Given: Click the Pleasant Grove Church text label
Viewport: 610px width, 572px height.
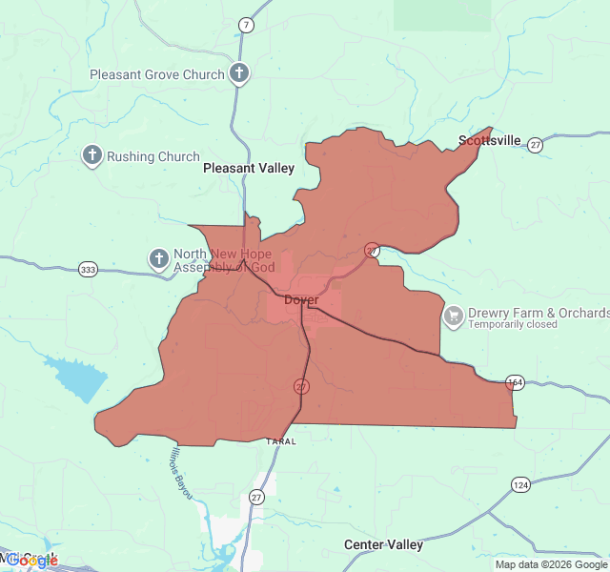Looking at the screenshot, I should (157, 74).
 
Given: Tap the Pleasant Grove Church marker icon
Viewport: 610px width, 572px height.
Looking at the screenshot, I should (239, 73).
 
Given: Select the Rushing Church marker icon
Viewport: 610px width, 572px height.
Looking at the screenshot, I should (92, 155).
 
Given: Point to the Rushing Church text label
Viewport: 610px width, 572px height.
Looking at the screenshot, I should (153, 156).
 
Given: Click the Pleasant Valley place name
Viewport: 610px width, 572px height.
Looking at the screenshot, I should (249, 168).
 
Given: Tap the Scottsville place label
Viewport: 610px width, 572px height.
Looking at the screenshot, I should (490, 140).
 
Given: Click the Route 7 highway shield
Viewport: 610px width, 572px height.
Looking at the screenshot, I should (247, 24).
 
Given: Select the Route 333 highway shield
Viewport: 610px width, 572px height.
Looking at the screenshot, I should (89, 270).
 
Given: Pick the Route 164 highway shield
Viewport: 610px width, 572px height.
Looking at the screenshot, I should (516, 382).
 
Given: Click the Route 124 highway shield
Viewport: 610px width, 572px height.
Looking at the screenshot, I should (520, 485).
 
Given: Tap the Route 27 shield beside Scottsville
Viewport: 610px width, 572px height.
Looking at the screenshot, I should (536, 145).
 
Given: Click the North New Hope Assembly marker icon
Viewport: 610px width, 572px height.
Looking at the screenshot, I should (158, 258).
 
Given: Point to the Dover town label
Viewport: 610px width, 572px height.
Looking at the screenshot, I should (302, 300).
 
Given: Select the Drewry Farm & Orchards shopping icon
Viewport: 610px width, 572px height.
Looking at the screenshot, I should (454, 314).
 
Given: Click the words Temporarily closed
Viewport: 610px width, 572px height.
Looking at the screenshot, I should (513, 324).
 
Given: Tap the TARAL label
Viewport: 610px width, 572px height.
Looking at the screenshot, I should (281, 441).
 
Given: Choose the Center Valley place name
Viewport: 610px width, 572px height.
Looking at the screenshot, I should (383, 544).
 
